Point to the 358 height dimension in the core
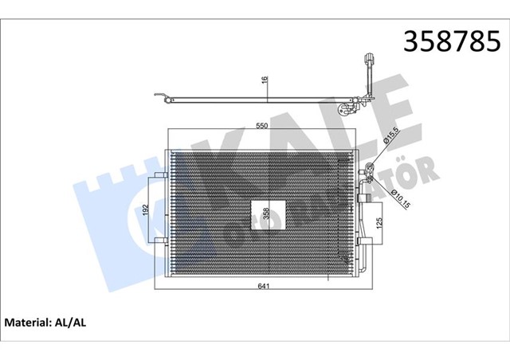(x=263, y=213)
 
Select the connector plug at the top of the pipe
(x=369, y=59)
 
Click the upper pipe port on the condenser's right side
(x=368, y=168)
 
